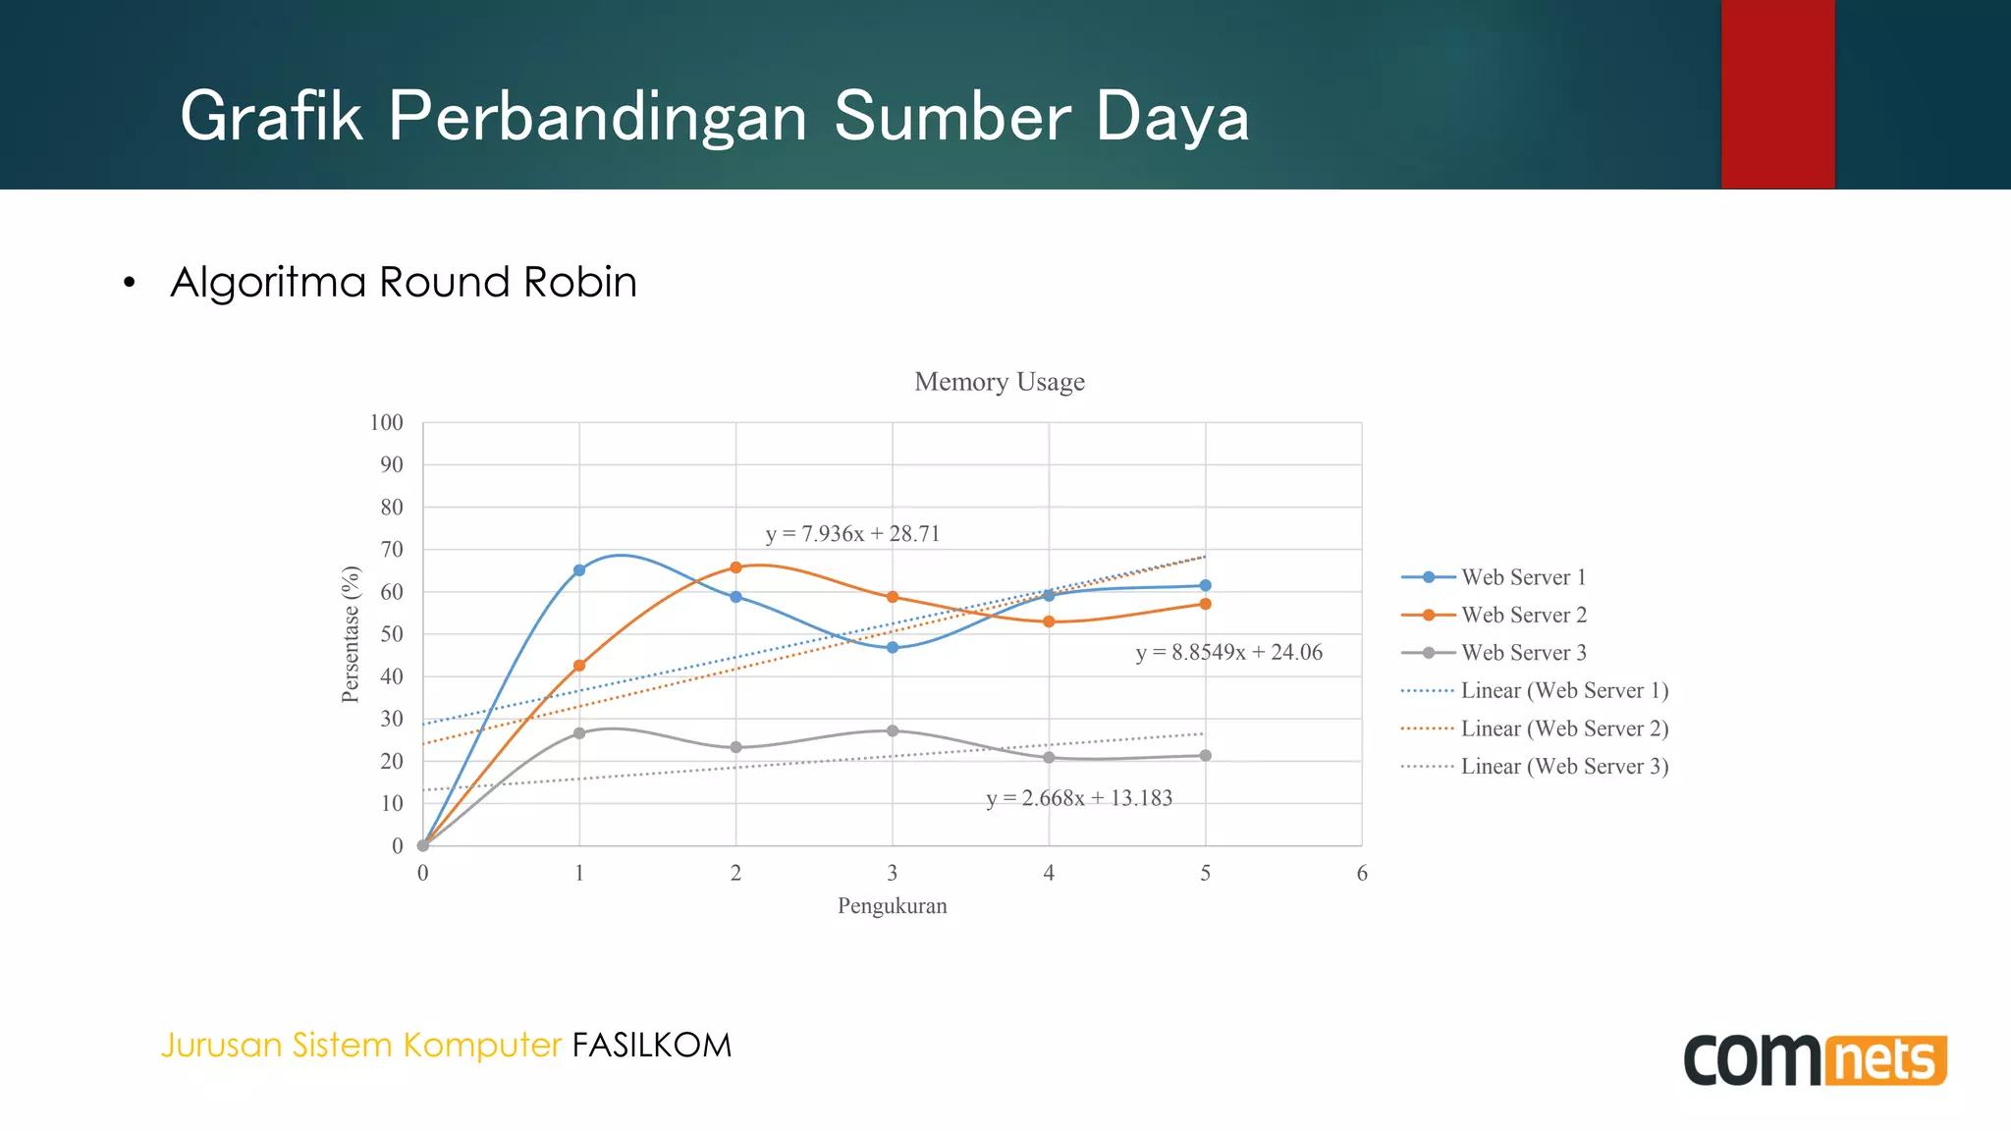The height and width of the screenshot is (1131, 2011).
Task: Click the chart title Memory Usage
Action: click(x=1000, y=382)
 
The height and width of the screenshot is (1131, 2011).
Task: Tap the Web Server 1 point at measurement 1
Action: click(x=579, y=570)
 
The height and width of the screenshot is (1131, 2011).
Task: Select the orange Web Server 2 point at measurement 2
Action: click(x=735, y=567)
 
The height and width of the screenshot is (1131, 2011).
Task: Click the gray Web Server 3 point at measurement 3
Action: click(x=893, y=730)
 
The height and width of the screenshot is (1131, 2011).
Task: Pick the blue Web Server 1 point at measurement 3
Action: click(x=893, y=648)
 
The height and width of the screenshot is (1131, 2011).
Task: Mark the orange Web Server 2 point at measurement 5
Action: click(x=1205, y=604)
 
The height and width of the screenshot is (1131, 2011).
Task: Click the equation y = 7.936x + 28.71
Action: click(x=852, y=534)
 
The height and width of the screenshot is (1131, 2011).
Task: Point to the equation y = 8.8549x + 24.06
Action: click(x=1228, y=653)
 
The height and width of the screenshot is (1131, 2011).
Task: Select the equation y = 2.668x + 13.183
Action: click(x=1079, y=798)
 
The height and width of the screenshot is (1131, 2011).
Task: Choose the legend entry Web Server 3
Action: click(x=1523, y=653)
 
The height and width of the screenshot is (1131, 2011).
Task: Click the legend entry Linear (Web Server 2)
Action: click(x=1564, y=728)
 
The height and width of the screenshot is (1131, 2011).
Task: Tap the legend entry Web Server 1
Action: click(x=1523, y=577)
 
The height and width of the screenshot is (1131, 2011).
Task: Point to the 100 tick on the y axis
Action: click(x=386, y=423)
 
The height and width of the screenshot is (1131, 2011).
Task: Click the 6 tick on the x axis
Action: click(x=1361, y=874)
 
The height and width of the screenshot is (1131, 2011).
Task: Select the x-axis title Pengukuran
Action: click(x=892, y=906)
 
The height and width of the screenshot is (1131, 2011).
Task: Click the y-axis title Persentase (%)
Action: click(x=351, y=634)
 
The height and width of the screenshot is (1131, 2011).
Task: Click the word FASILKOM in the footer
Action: click(x=652, y=1046)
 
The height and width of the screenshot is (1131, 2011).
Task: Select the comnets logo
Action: click(x=1815, y=1059)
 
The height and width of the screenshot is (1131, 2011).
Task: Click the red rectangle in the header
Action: click(x=1777, y=94)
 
